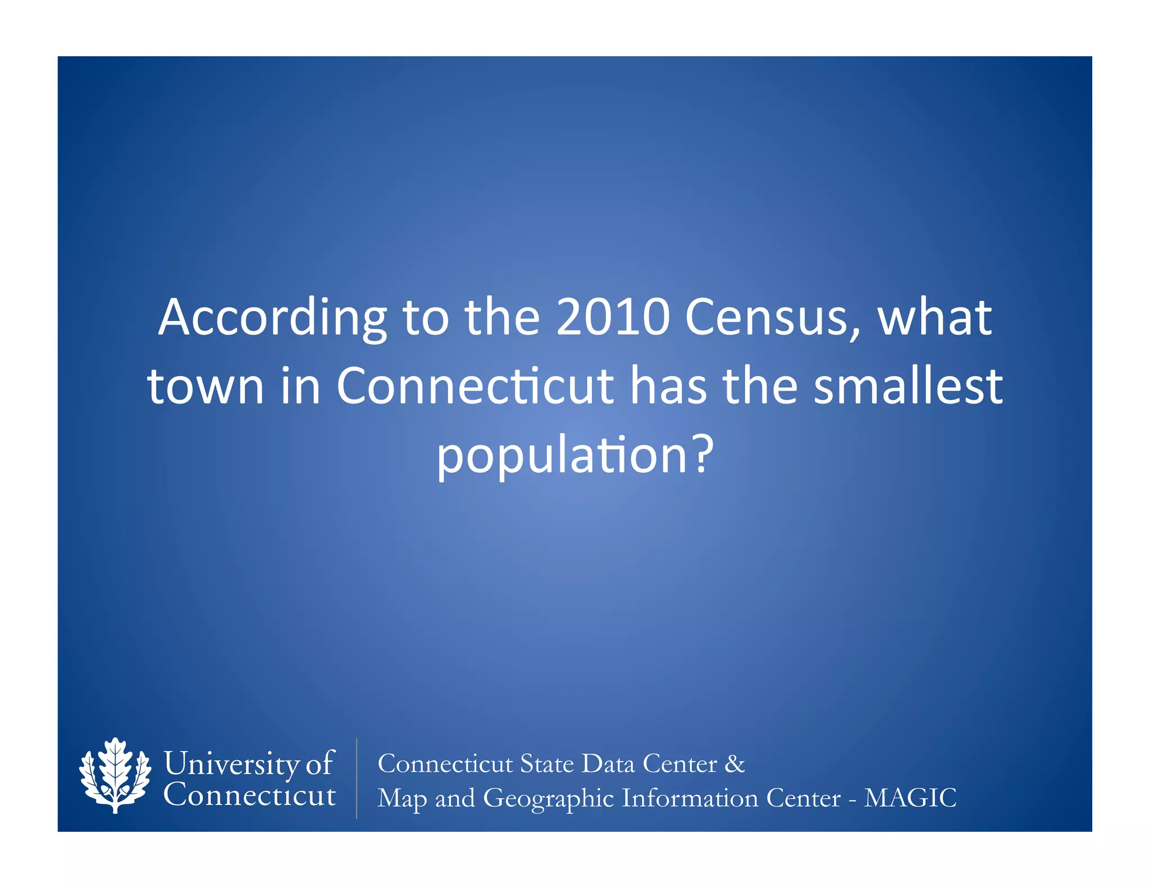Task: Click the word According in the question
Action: point(272,318)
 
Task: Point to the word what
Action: point(934,317)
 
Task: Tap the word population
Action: point(562,456)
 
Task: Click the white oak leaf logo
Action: point(115,775)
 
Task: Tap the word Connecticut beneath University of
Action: point(250,795)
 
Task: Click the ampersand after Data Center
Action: point(734,763)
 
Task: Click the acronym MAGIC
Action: point(910,798)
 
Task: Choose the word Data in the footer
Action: point(608,763)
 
